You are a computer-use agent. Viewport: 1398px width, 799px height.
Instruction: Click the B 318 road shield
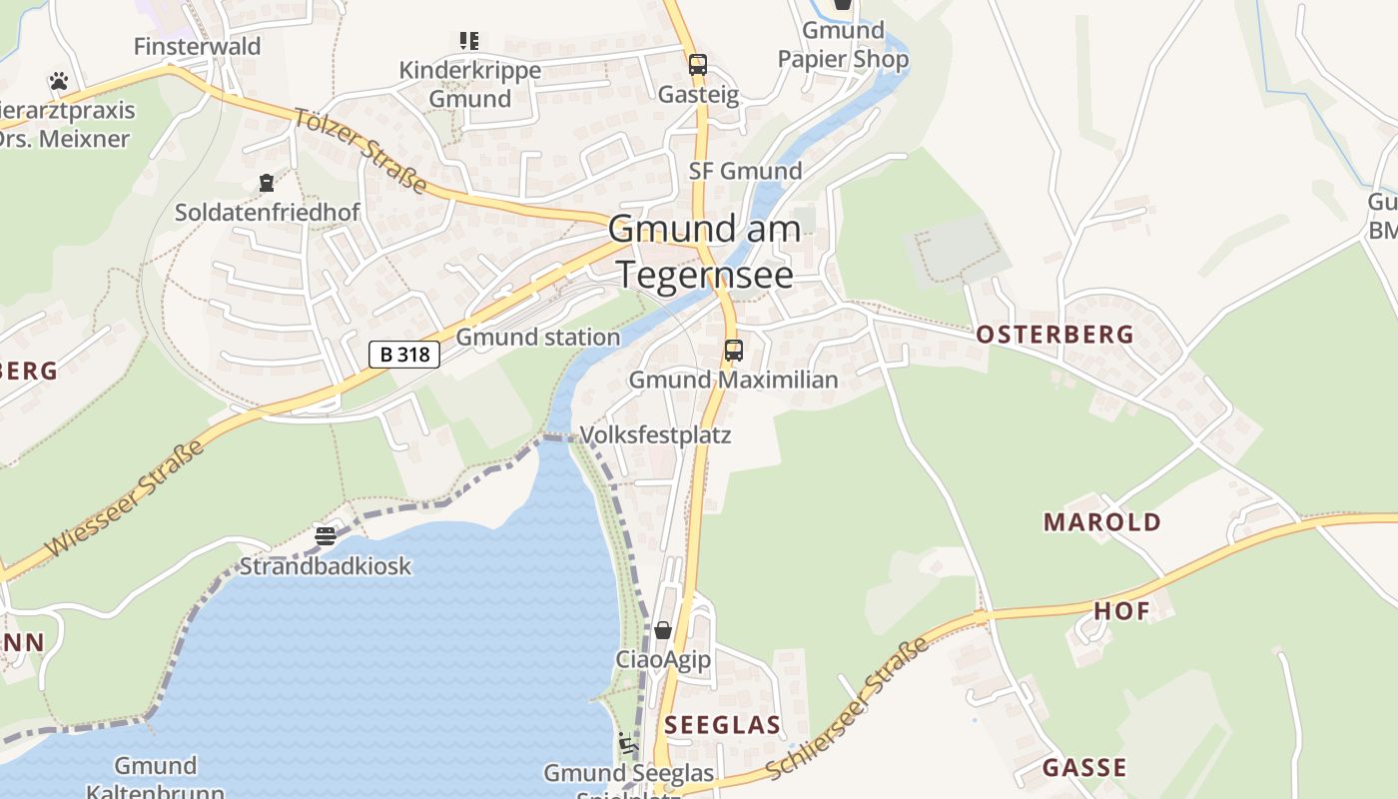404,355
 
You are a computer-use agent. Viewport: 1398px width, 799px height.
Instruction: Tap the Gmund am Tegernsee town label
705,251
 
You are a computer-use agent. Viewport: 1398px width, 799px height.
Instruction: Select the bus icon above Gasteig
698,65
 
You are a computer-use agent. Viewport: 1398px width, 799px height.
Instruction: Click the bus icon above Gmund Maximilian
734,351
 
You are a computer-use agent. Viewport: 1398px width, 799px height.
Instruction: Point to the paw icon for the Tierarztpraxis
59,81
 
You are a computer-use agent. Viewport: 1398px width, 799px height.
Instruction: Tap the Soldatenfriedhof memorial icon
267,183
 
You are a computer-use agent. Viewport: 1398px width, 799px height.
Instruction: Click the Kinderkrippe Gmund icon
469,41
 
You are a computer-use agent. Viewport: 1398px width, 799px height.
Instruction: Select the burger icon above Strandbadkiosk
325,536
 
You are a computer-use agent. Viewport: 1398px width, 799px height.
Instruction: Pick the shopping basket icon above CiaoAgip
662,630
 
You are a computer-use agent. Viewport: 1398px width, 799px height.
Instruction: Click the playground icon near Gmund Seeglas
628,743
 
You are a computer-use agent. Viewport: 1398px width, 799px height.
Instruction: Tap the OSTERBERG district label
1055,335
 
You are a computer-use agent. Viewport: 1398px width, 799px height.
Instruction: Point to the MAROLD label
1102,522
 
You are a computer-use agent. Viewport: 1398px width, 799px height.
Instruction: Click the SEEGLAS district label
722,725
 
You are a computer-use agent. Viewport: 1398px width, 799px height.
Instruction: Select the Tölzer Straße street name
360,151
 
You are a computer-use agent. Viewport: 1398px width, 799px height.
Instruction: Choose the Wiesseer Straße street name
125,497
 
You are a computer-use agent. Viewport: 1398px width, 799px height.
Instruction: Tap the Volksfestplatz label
655,435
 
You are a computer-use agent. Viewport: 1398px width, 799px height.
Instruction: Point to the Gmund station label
538,338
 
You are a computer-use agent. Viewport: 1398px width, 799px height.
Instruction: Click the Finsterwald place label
197,47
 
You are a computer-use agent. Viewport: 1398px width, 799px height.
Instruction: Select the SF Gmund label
745,171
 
